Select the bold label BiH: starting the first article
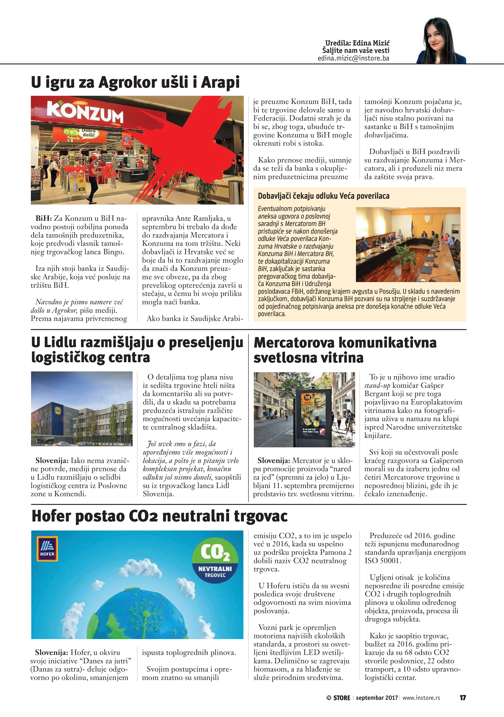43,218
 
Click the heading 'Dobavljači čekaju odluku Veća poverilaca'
324,196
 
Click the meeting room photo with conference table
408,245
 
